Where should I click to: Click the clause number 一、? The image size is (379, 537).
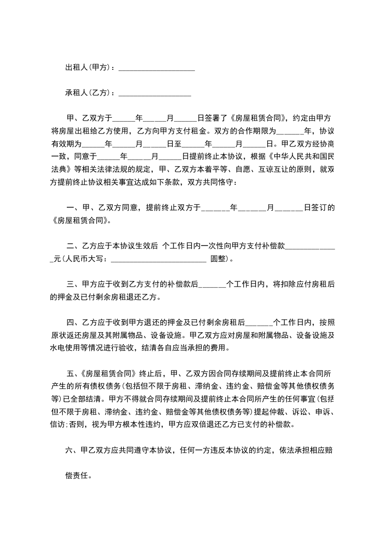pyautogui.click(x=73, y=208)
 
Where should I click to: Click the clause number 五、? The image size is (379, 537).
pyautogui.click(x=73, y=373)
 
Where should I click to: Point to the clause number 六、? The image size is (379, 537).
pyautogui.click(x=71, y=450)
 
